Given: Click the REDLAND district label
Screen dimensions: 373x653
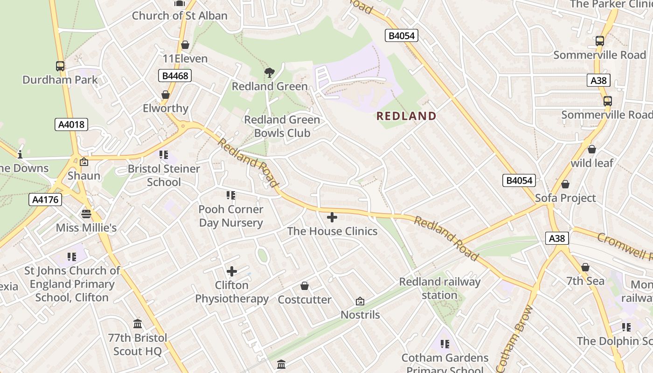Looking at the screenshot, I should click(x=406, y=116).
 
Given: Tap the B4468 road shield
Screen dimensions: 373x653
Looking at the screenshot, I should click(x=174, y=76).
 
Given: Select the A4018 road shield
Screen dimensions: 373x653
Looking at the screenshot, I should click(x=71, y=124).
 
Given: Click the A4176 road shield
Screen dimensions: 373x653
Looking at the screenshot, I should click(x=45, y=200).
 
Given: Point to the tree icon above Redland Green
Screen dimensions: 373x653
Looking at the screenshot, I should click(x=269, y=72).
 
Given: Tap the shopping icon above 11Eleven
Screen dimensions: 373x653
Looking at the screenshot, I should click(x=185, y=45).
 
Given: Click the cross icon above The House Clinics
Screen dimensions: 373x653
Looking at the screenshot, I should click(x=332, y=217).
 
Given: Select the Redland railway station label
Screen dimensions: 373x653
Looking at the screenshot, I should click(x=439, y=288).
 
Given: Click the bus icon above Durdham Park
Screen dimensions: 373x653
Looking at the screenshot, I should click(x=60, y=66).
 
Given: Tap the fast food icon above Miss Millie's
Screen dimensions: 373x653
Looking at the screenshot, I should click(x=86, y=214).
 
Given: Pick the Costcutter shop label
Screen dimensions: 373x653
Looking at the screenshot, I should click(x=305, y=300).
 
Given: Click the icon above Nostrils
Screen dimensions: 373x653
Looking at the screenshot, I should click(x=360, y=301).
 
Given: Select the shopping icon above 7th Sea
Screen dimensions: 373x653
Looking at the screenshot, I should click(x=585, y=267).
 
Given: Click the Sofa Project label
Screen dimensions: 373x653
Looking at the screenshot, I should click(x=565, y=198).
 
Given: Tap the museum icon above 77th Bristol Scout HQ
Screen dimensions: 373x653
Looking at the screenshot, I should click(x=138, y=324).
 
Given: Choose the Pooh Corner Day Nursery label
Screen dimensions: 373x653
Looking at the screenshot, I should click(x=231, y=216).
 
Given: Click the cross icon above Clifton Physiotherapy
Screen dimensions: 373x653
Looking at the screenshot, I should click(x=232, y=271).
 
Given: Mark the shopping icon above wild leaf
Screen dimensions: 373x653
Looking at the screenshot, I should click(x=592, y=149).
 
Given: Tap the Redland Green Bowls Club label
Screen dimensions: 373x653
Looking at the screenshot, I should click(x=282, y=126).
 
